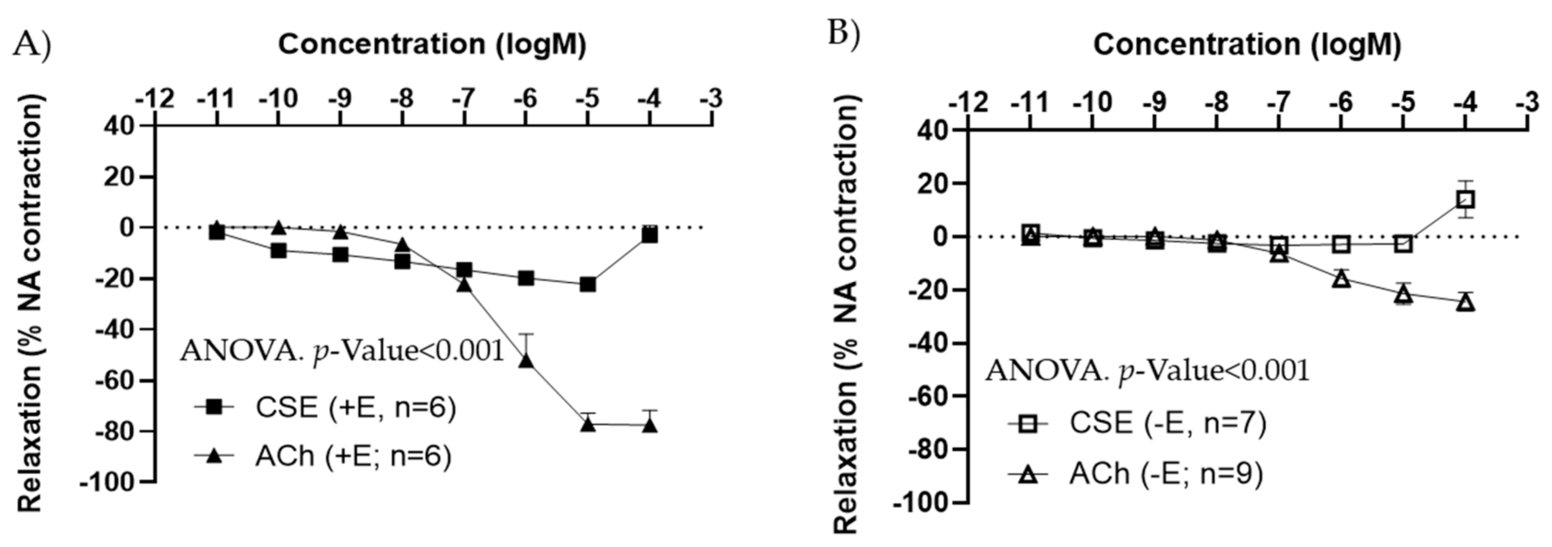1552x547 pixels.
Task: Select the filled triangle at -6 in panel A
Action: point(526,359)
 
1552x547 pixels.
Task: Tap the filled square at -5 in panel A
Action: point(587,284)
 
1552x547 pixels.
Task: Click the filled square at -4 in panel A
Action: point(649,235)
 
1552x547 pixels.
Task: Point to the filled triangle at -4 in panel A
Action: point(649,425)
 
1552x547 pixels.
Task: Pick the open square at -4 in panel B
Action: point(1465,200)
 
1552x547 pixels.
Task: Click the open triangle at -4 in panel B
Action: point(1465,302)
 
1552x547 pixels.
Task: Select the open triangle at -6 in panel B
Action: point(1342,279)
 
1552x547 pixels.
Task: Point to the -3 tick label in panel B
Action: point(1527,102)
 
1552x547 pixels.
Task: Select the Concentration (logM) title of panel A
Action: point(432,45)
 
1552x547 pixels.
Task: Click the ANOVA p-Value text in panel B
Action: point(1147,371)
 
